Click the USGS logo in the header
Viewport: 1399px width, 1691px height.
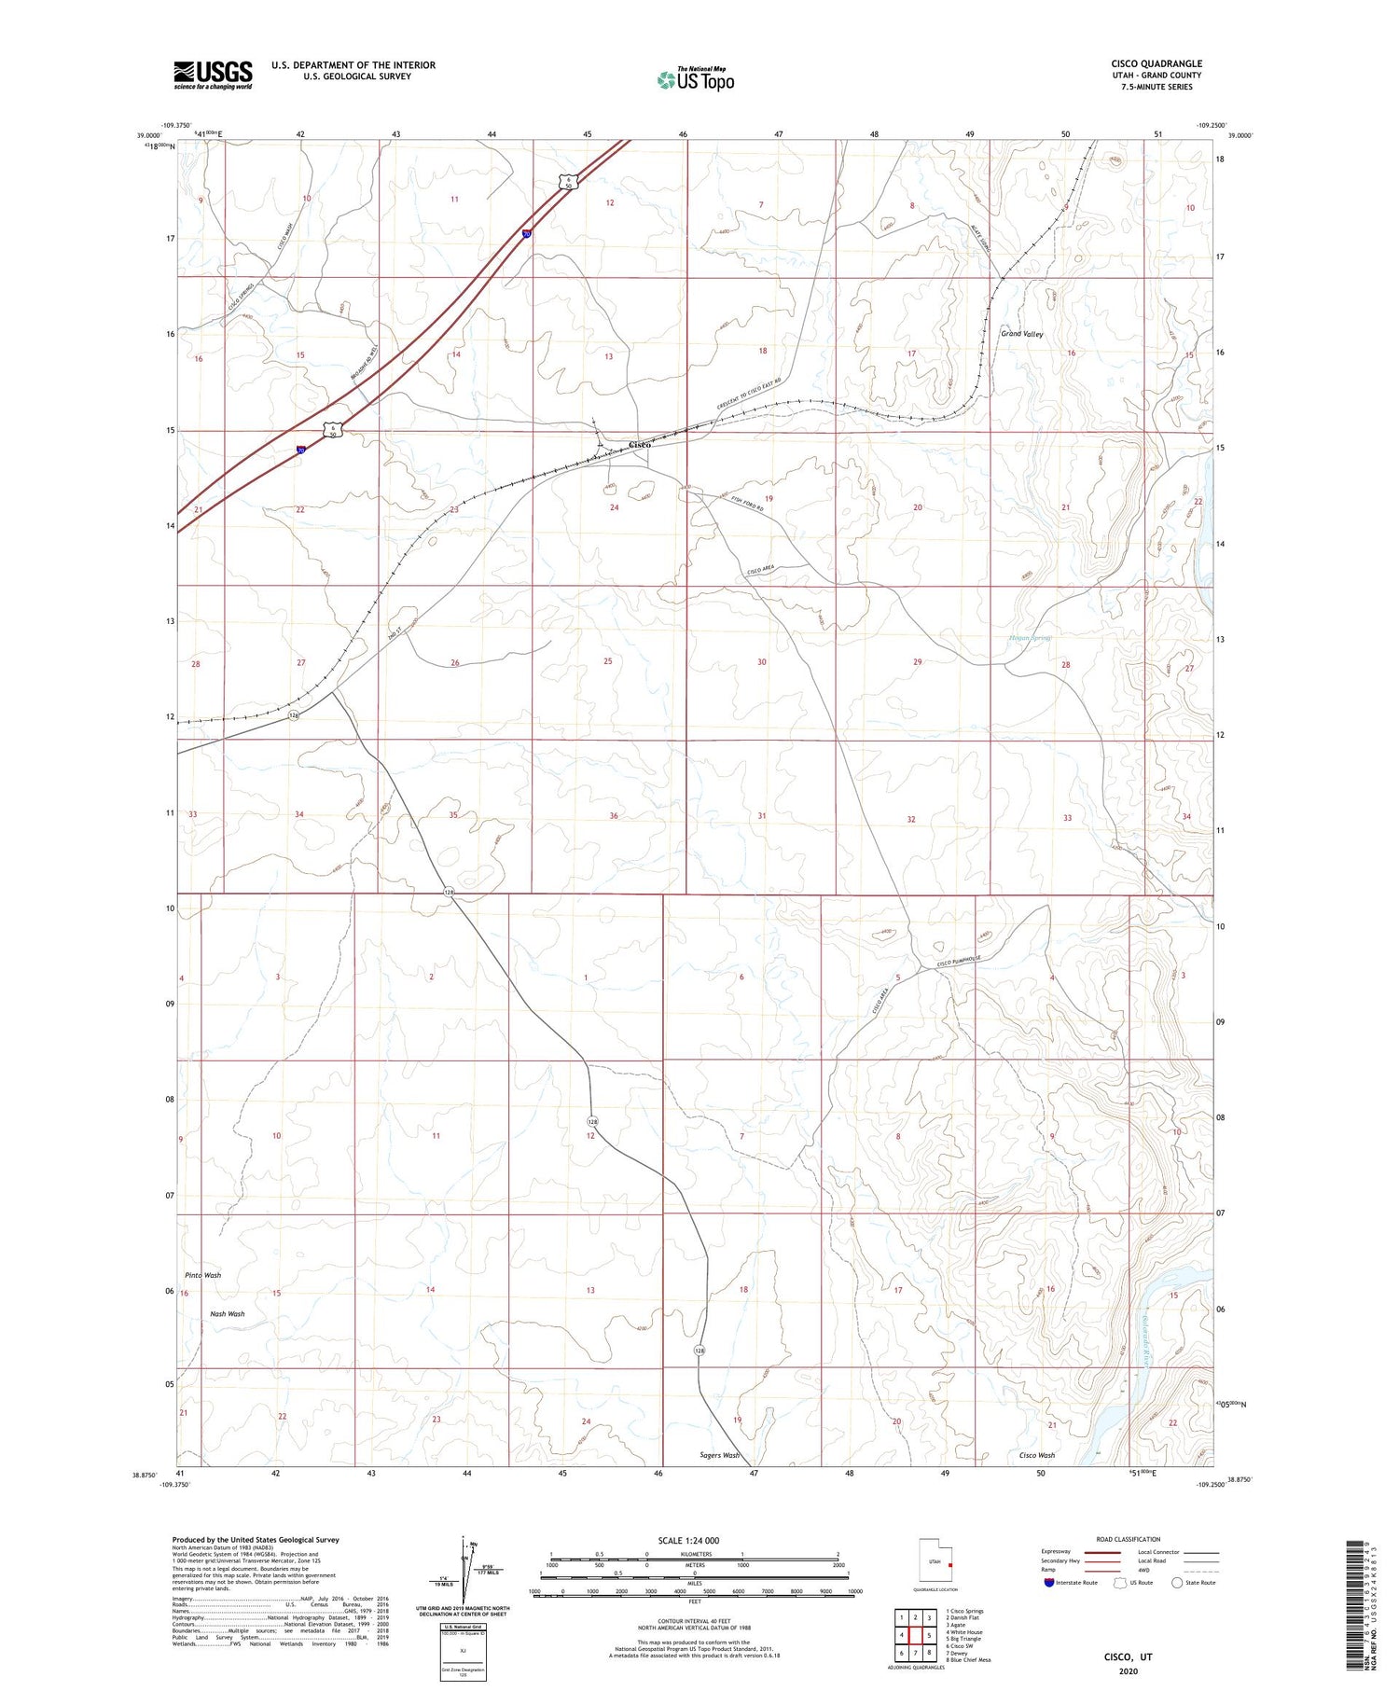[x=213, y=75]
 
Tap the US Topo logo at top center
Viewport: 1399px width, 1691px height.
[x=696, y=79]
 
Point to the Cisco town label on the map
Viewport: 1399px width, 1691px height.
[x=640, y=444]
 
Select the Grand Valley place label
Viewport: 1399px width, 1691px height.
[x=1022, y=334]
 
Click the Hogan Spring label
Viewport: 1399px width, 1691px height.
[x=1031, y=638]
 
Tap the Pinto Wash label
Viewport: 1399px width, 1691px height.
[x=202, y=1275]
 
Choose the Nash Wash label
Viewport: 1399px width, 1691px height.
[x=227, y=1313]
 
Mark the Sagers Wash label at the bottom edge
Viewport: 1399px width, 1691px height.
[x=719, y=1455]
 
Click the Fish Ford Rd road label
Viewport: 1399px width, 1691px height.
[x=747, y=507]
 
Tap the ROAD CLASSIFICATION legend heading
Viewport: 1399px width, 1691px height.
[x=1128, y=1539]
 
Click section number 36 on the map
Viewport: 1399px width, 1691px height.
[x=614, y=816]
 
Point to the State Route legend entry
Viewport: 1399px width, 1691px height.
[x=1196, y=1583]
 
